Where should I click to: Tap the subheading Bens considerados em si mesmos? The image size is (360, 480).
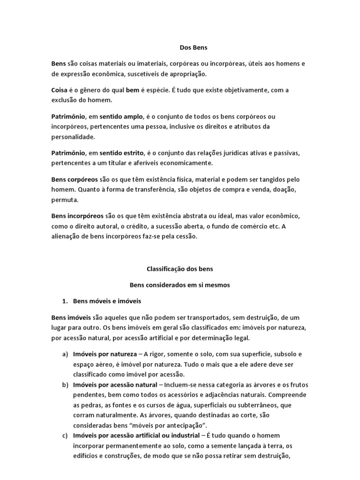click(180, 285)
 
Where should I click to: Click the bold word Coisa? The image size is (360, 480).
click(60, 90)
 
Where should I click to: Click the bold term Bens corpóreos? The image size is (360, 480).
click(75, 180)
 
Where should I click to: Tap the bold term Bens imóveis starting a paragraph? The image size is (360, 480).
click(71, 317)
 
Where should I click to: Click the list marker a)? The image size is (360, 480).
click(65, 353)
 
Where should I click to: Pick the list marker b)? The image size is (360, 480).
click(65, 385)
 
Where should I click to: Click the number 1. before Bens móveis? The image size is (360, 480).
click(66, 300)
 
